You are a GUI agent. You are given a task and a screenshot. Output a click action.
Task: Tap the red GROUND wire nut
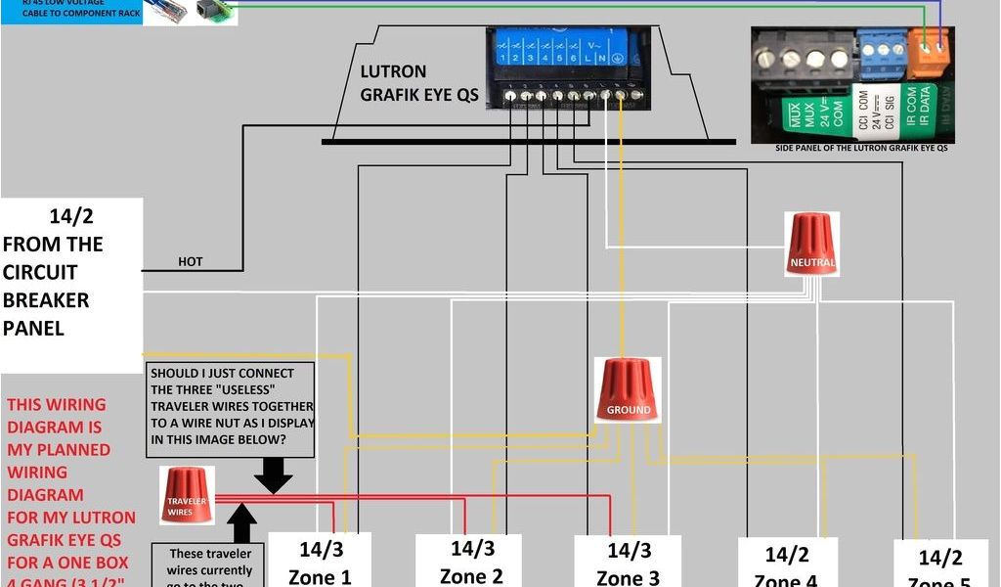pyautogui.click(x=628, y=390)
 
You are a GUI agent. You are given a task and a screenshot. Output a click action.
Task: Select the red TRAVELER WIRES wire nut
pyautogui.click(x=186, y=494)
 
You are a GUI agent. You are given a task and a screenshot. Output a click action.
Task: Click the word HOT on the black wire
pyautogui.click(x=191, y=262)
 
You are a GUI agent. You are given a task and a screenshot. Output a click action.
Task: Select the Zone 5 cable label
pyautogui.click(x=940, y=568)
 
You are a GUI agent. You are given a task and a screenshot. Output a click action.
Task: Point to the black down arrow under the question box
pyautogui.click(x=273, y=475)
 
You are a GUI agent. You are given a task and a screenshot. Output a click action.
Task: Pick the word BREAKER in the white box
pyautogui.click(x=46, y=299)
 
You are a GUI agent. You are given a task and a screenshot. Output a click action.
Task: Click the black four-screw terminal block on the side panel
pyautogui.click(x=803, y=58)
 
